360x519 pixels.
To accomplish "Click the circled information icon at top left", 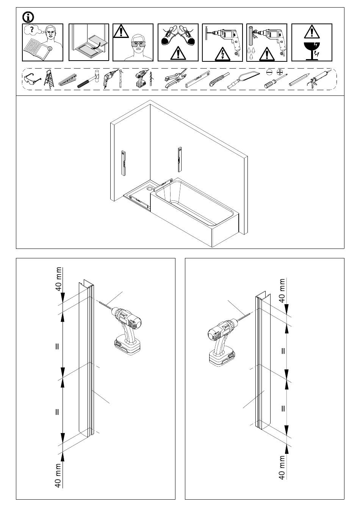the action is point(28,17).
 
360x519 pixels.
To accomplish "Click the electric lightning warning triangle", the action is point(222,55).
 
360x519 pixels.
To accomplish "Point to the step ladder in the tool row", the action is point(49,79).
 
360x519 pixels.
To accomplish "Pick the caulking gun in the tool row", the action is point(319,78).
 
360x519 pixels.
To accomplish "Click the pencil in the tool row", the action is point(299,80).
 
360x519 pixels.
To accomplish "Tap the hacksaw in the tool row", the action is point(243,80).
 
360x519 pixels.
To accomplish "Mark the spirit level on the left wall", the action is point(124,163).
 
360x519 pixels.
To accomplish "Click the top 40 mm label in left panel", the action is point(59,279).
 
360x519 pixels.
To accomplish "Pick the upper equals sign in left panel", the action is point(57,347).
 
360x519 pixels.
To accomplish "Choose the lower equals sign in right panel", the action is point(283,408).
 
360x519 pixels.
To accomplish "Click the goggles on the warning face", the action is point(139,44).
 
